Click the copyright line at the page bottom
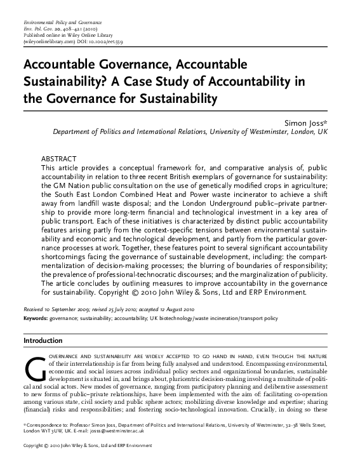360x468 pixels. point(87,462)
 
